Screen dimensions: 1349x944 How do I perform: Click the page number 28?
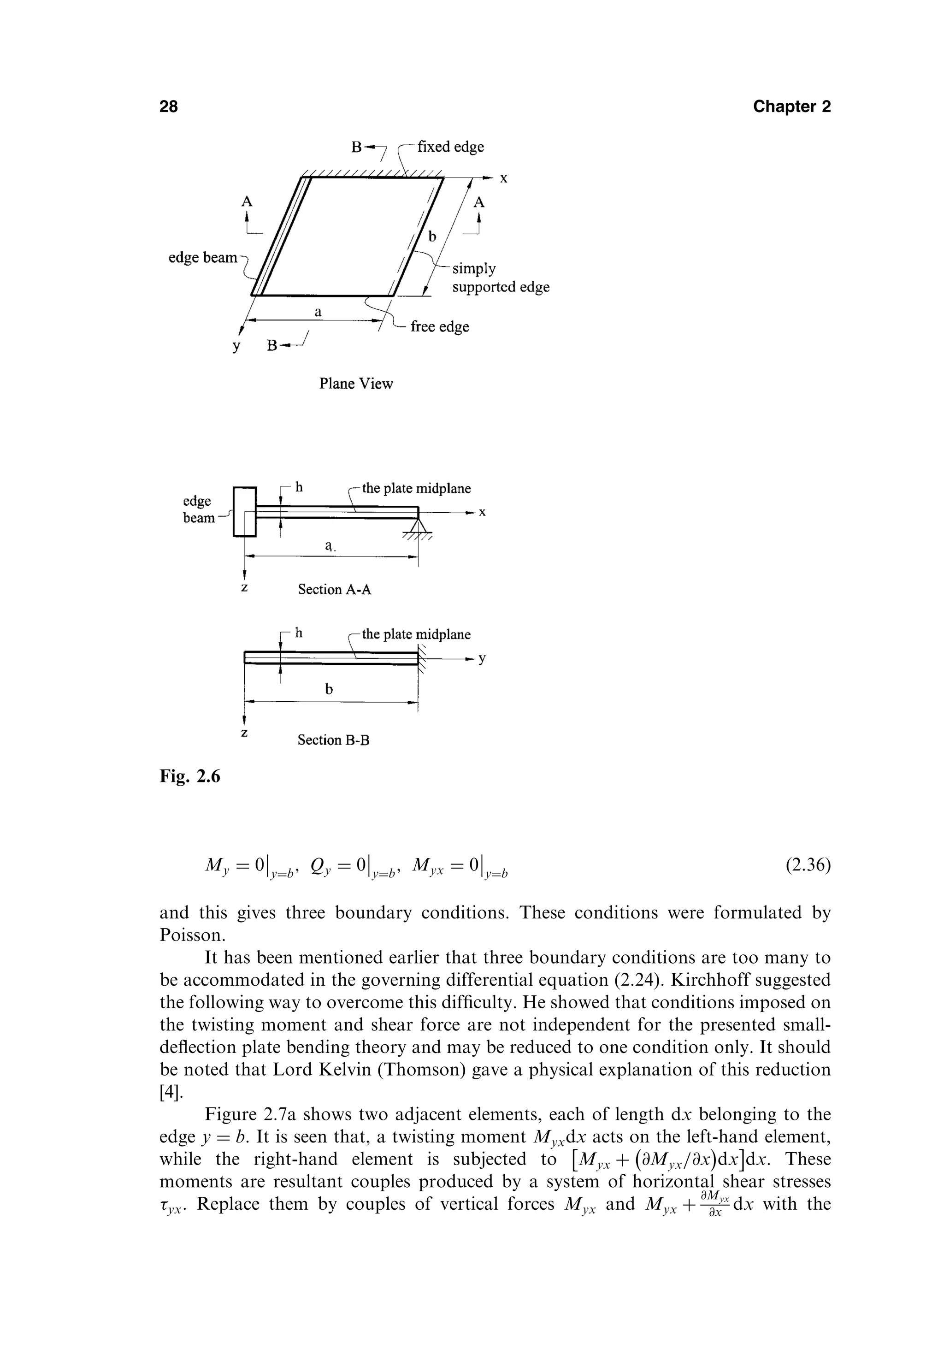(x=169, y=106)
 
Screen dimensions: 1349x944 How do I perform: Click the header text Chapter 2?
(x=791, y=106)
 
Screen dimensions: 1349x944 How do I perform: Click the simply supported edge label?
(x=500, y=278)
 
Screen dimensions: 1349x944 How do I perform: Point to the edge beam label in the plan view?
(x=203, y=257)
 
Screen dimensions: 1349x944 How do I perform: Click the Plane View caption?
(x=355, y=384)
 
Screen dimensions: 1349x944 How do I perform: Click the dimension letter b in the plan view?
(x=432, y=236)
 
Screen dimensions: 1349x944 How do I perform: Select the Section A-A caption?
(x=334, y=589)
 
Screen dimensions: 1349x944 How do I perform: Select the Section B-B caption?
(x=333, y=740)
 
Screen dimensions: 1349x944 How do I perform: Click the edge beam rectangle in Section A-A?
(x=245, y=511)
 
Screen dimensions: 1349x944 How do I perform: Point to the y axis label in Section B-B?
(x=482, y=659)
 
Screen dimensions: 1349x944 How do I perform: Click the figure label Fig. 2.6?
(x=190, y=777)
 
